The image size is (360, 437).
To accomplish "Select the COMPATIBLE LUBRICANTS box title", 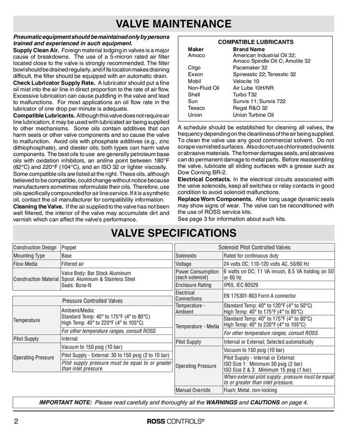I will coord(256,42).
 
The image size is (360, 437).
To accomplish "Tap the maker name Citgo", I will coord(194,68).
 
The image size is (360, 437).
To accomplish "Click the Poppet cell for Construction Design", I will coord(69,248).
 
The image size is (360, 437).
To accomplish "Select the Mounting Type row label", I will coord(29,256).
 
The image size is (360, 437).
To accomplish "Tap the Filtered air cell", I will coord(73,264).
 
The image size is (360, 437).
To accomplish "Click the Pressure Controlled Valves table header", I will coord(92,301).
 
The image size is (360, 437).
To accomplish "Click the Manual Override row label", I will coord(193,390).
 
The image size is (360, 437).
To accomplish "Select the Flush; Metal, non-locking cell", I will coord(251,390).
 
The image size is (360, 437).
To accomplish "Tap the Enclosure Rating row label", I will coord(193,285).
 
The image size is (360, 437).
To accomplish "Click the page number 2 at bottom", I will coord(17,422).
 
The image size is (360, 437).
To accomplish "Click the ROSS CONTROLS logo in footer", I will coord(175,422).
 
